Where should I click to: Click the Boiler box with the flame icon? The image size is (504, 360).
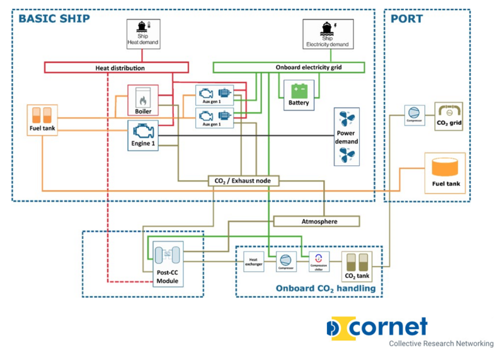pos(142,101)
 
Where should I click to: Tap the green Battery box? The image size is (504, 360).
pos(299,95)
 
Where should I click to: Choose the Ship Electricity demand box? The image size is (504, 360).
pos(328,34)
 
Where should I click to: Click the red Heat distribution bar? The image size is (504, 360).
pos(117,67)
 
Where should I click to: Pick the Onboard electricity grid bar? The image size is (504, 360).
pos(289,67)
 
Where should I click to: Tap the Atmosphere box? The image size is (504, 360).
pos(316,221)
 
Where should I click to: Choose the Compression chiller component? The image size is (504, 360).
pos(319,261)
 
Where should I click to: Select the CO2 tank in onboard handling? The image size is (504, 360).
pos(357,265)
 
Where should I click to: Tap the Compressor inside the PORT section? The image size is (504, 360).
pos(414,116)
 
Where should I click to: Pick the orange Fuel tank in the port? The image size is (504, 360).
pos(445,173)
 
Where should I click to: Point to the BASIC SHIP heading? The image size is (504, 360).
pos(54,18)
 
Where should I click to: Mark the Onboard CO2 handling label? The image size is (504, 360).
pos(325,288)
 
